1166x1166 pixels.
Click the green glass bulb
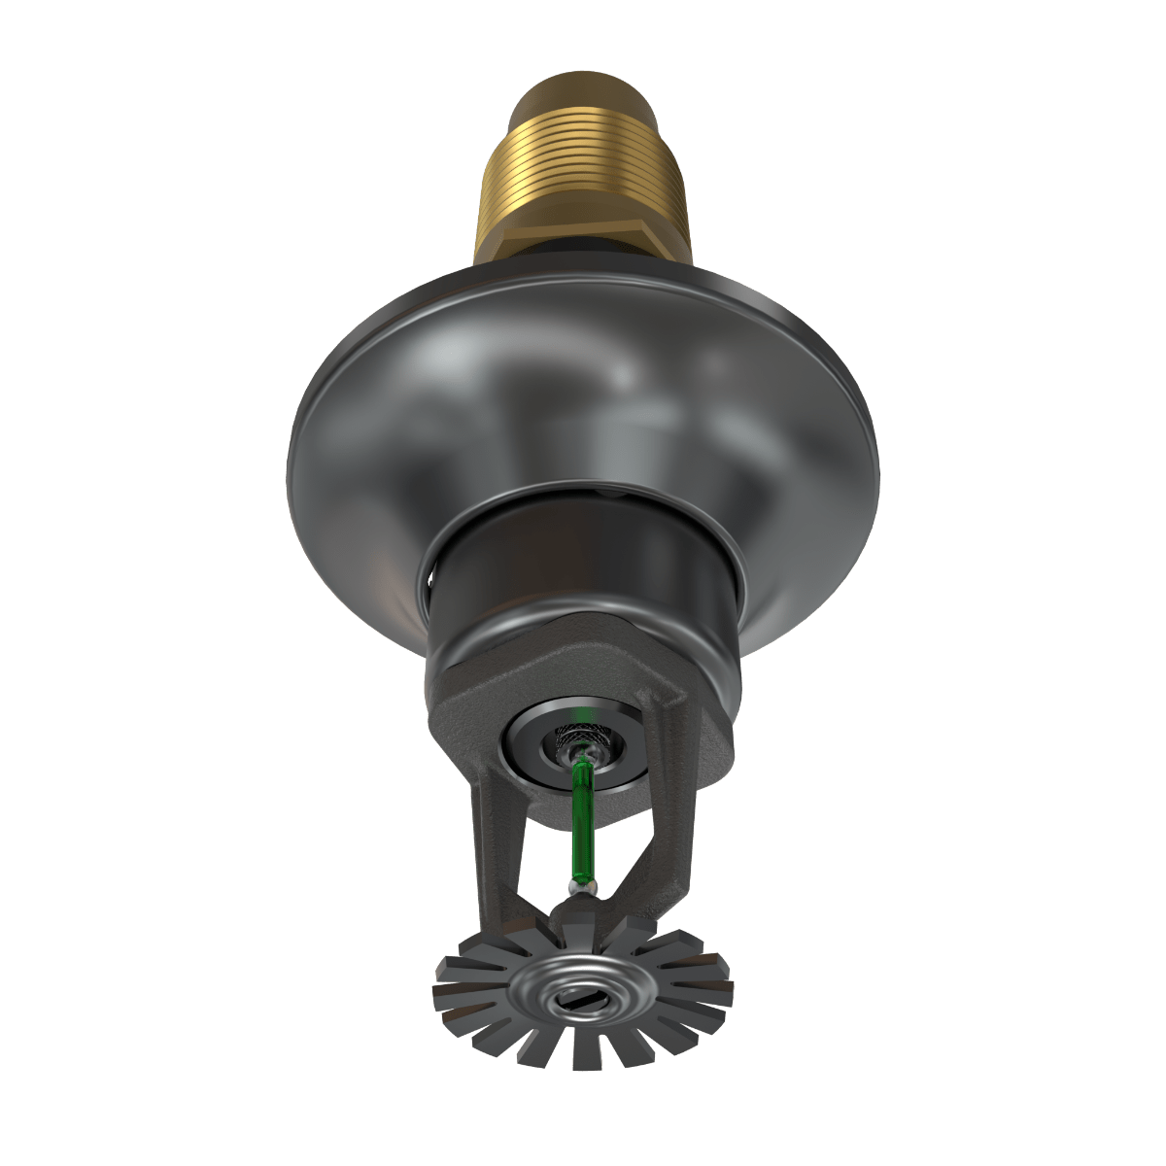tap(583, 811)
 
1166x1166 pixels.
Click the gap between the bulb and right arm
tap(622, 836)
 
